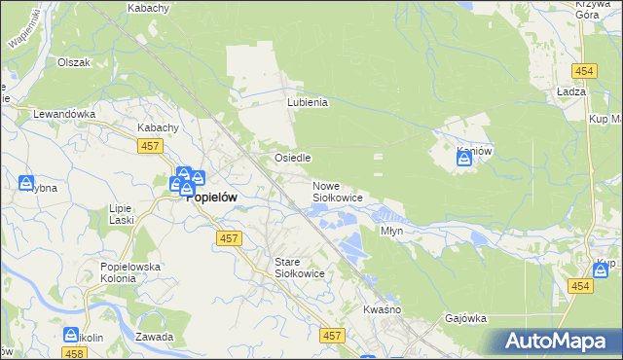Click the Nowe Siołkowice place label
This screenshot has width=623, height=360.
click(x=337, y=192)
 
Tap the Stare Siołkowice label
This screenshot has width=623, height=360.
click(x=305, y=269)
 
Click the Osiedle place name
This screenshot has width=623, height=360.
click(x=292, y=158)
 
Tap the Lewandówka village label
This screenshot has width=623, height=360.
click(x=64, y=114)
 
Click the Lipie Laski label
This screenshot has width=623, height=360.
click(x=122, y=214)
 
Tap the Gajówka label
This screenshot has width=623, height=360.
click(x=465, y=318)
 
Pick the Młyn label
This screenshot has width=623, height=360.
click(x=391, y=232)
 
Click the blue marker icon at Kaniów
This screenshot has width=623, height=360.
click(x=464, y=160)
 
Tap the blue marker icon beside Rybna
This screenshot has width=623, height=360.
click(x=26, y=183)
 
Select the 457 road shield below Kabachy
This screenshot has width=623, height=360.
click(x=149, y=145)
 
